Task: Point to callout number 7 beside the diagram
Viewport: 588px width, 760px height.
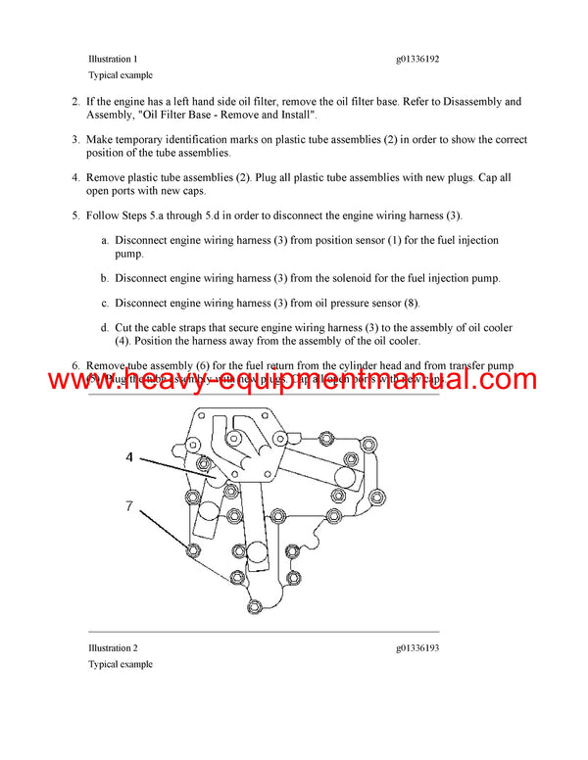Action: tap(128, 507)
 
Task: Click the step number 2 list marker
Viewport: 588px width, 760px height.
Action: tap(75, 101)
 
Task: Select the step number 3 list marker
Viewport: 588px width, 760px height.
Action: tap(75, 140)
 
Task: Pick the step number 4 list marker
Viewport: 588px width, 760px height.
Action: tap(75, 178)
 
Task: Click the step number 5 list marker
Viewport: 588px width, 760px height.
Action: tap(75, 215)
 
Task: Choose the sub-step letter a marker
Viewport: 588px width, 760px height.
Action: tap(104, 240)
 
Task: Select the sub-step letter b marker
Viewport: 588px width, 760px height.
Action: tap(104, 278)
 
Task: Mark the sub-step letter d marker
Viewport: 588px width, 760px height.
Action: tap(104, 328)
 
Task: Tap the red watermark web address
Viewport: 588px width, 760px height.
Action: tap(293, 380)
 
